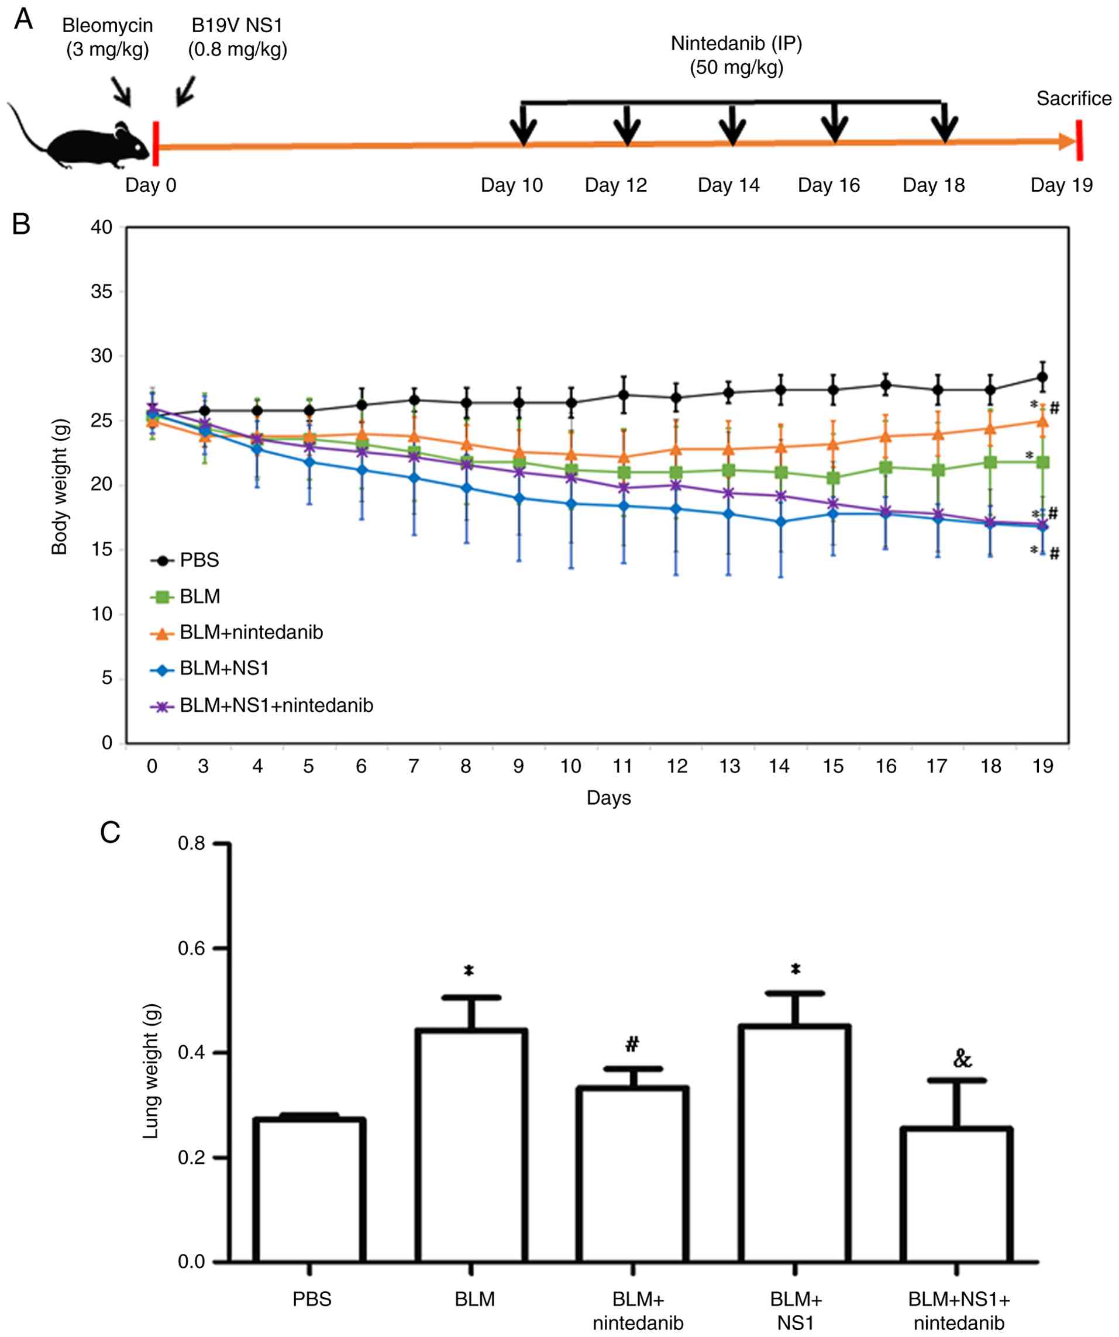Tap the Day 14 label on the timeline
point(729,185)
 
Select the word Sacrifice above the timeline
point(1073,99)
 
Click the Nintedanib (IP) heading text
point(736,44)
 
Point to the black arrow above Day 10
point(524,125)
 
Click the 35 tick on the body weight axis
point(102,292)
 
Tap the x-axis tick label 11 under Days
point(622,766)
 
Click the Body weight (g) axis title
point(59,487)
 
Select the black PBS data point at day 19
point(1042,377)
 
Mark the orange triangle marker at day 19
point(1042,421)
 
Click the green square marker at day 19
point(1042,462)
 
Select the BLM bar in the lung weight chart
point(471,1146)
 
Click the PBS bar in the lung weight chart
point(309,1191)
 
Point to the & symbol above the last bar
point(962,1058)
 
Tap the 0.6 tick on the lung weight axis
point(191,949)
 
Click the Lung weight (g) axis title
point(151,1071)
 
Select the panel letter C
point(110,832)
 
